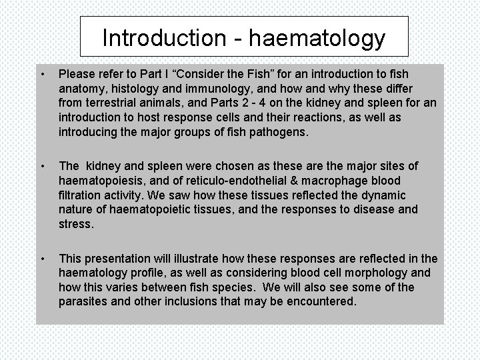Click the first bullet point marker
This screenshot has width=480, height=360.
[42, 73]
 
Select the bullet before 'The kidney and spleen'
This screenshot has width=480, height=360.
[42, 166]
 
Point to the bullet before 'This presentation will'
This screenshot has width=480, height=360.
[42, 258]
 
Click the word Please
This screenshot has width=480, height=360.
[78, 73]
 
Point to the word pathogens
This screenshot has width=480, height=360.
[276, 132]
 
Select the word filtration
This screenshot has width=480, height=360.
[84, 195]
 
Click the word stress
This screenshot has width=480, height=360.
[75, 225]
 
